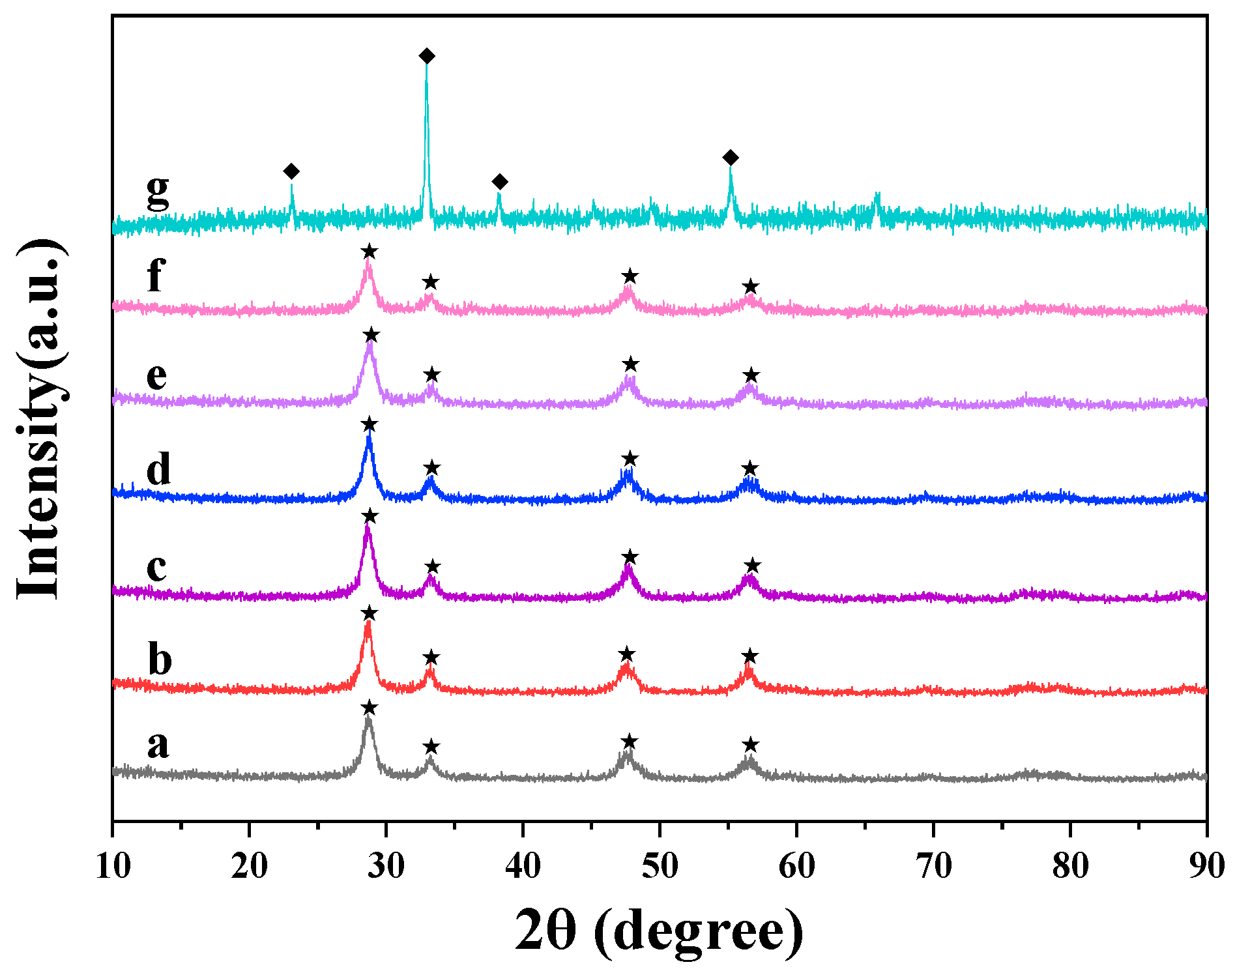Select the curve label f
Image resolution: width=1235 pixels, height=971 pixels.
(156, 275)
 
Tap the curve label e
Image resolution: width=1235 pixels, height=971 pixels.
(156, 376)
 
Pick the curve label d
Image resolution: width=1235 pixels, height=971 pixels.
(158, 469)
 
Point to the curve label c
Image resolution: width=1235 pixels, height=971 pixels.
(156, 568)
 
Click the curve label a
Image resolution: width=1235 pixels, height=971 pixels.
(158, 744)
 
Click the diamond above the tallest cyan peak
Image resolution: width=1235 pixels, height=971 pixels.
(426, 56)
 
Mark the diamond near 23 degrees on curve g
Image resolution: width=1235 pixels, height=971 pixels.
(291, 171)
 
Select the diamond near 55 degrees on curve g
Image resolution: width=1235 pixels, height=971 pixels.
(731, 158)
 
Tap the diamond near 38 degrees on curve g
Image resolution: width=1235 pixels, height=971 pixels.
(499, 181)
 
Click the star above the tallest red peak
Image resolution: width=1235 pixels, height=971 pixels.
(369, 613)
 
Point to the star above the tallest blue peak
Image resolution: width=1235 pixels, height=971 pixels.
(369, 425)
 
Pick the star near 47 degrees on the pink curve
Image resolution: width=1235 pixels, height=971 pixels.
(630, 276)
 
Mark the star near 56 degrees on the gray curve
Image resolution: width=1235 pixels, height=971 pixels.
(751, 745)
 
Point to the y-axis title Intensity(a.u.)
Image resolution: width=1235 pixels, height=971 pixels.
(40, 418)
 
